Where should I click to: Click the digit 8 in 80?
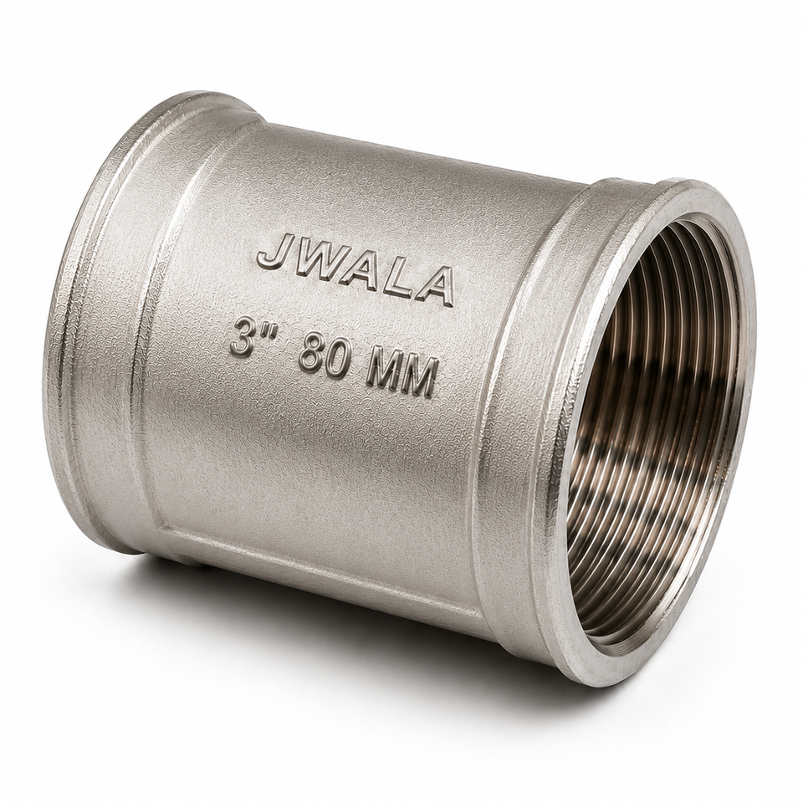[312, 354]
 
